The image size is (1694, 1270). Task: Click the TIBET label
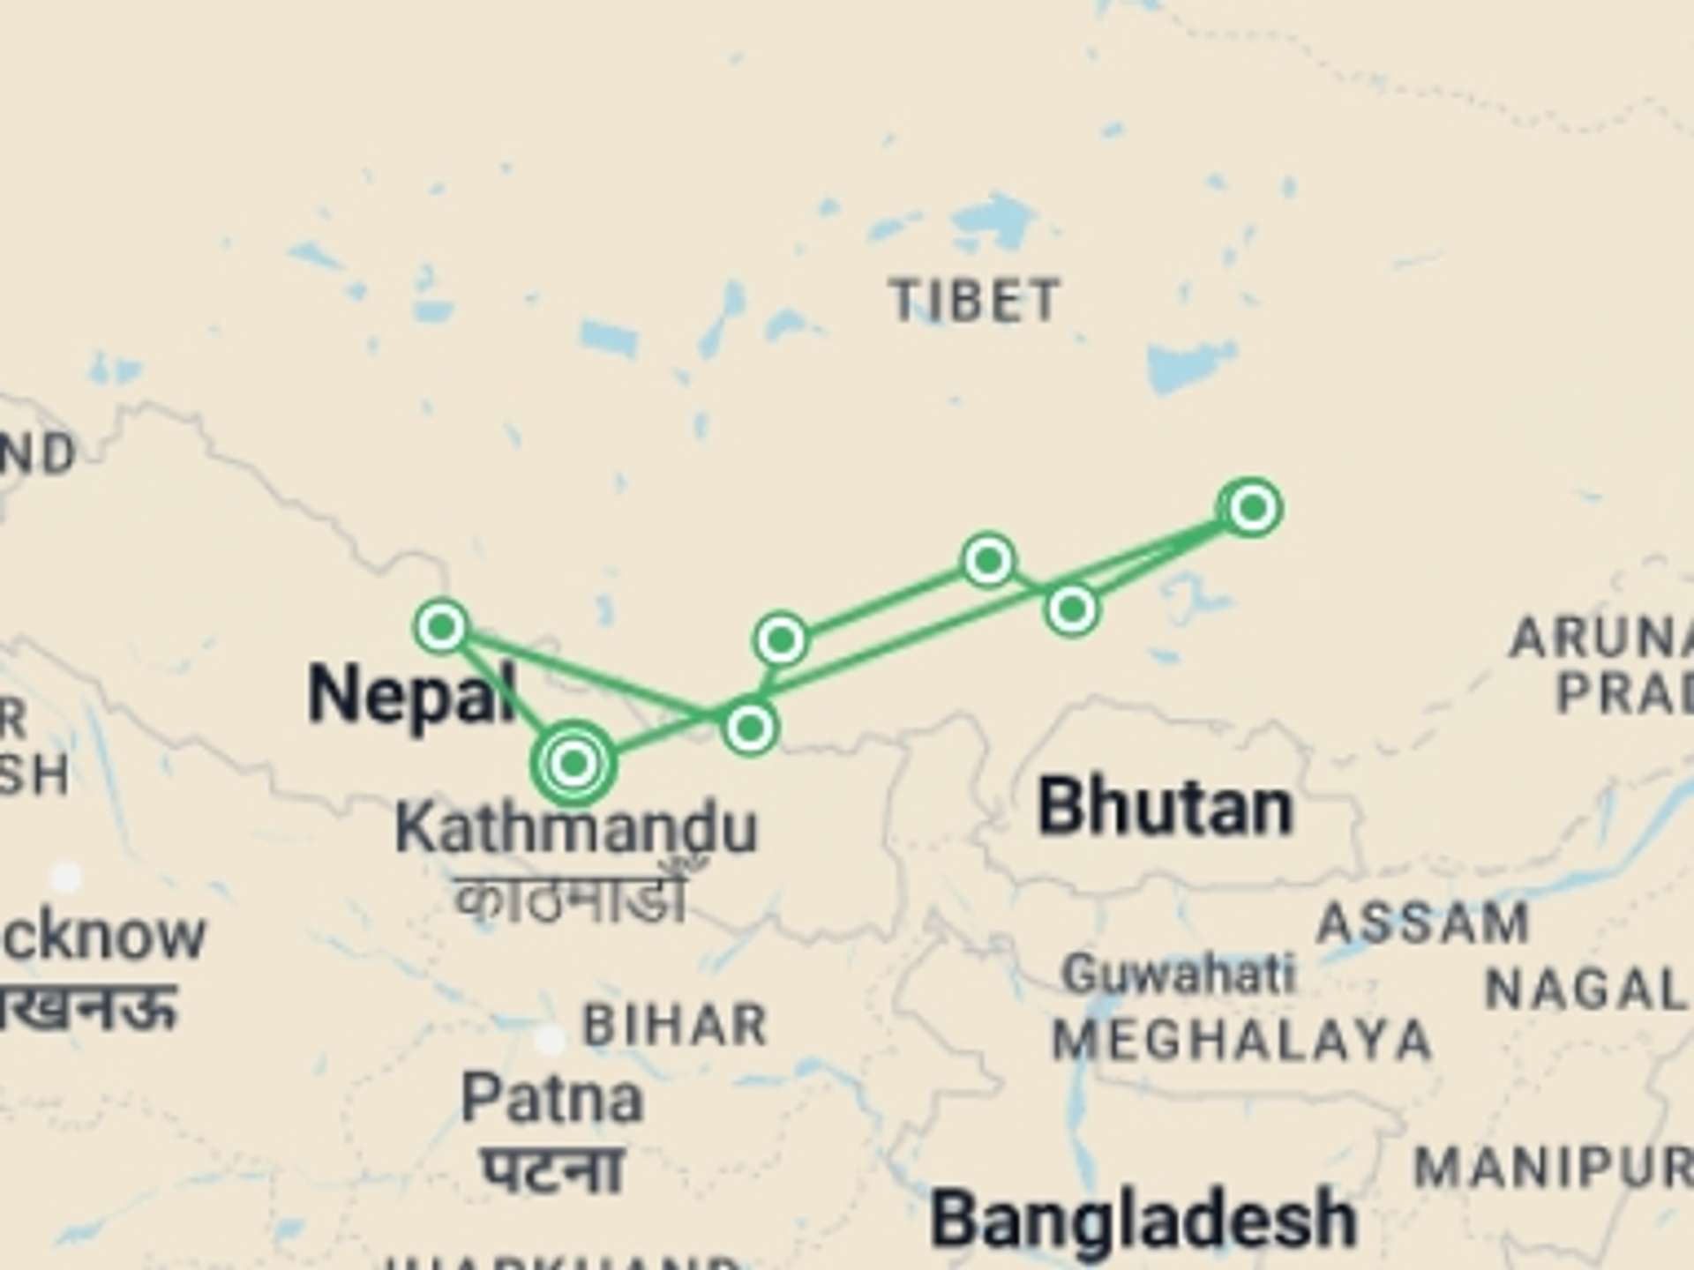click(975, 301)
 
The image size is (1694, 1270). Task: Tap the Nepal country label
click(411, 696)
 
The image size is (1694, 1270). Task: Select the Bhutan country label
click(1166, 807)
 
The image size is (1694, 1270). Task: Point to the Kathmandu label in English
click(576, 828)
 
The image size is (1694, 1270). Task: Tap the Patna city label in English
click(552, 1100)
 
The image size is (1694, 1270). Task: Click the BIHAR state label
click(676, 1025)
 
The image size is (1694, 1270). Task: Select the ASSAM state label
click(1422, 924)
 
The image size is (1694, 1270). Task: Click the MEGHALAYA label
click(1242, 1040)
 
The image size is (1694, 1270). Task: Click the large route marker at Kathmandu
click(573, 763)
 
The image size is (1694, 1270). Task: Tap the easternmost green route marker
click(1252, 508)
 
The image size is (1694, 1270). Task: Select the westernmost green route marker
click(441, 626)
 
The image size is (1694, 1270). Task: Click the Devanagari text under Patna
click(554, 1169)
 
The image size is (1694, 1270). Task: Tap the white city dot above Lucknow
click(65, 878)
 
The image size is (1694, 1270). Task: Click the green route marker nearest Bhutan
click(1072, 609)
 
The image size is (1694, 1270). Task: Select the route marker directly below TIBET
click(988, 559)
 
